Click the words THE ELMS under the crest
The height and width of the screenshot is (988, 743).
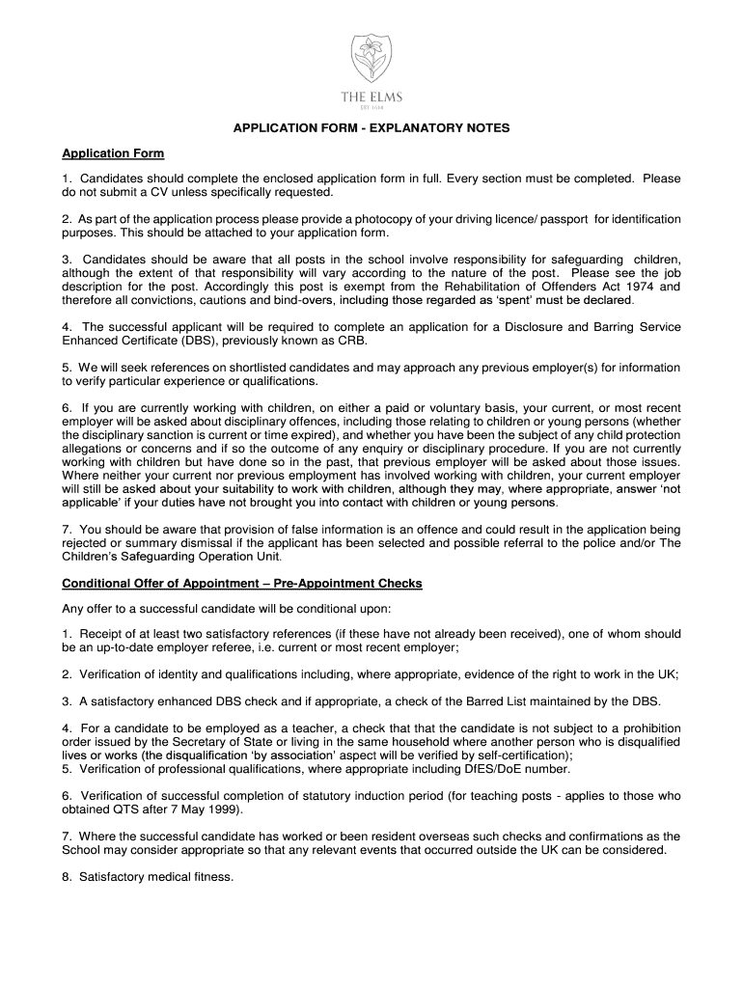point(371,96)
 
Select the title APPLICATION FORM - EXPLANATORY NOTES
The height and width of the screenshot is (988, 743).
point(371,128)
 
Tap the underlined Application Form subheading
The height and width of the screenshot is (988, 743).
point(113,153)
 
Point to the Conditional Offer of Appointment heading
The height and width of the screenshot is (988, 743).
point(241,584)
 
